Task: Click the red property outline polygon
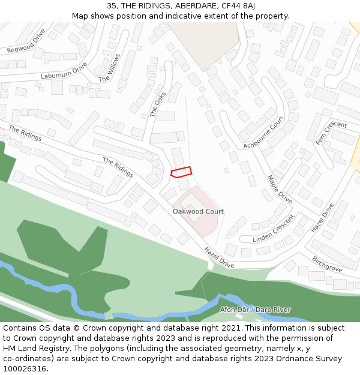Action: (x=182, y=172)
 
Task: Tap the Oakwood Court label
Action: (x=198, y=211)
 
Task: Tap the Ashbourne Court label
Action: (x=263, y=133)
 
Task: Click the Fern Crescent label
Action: (x=331, y=133)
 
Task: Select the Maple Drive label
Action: (x=280, y=189)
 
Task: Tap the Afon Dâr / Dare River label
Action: (x=255, y=310)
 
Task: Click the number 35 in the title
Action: (x=112, y=5)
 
